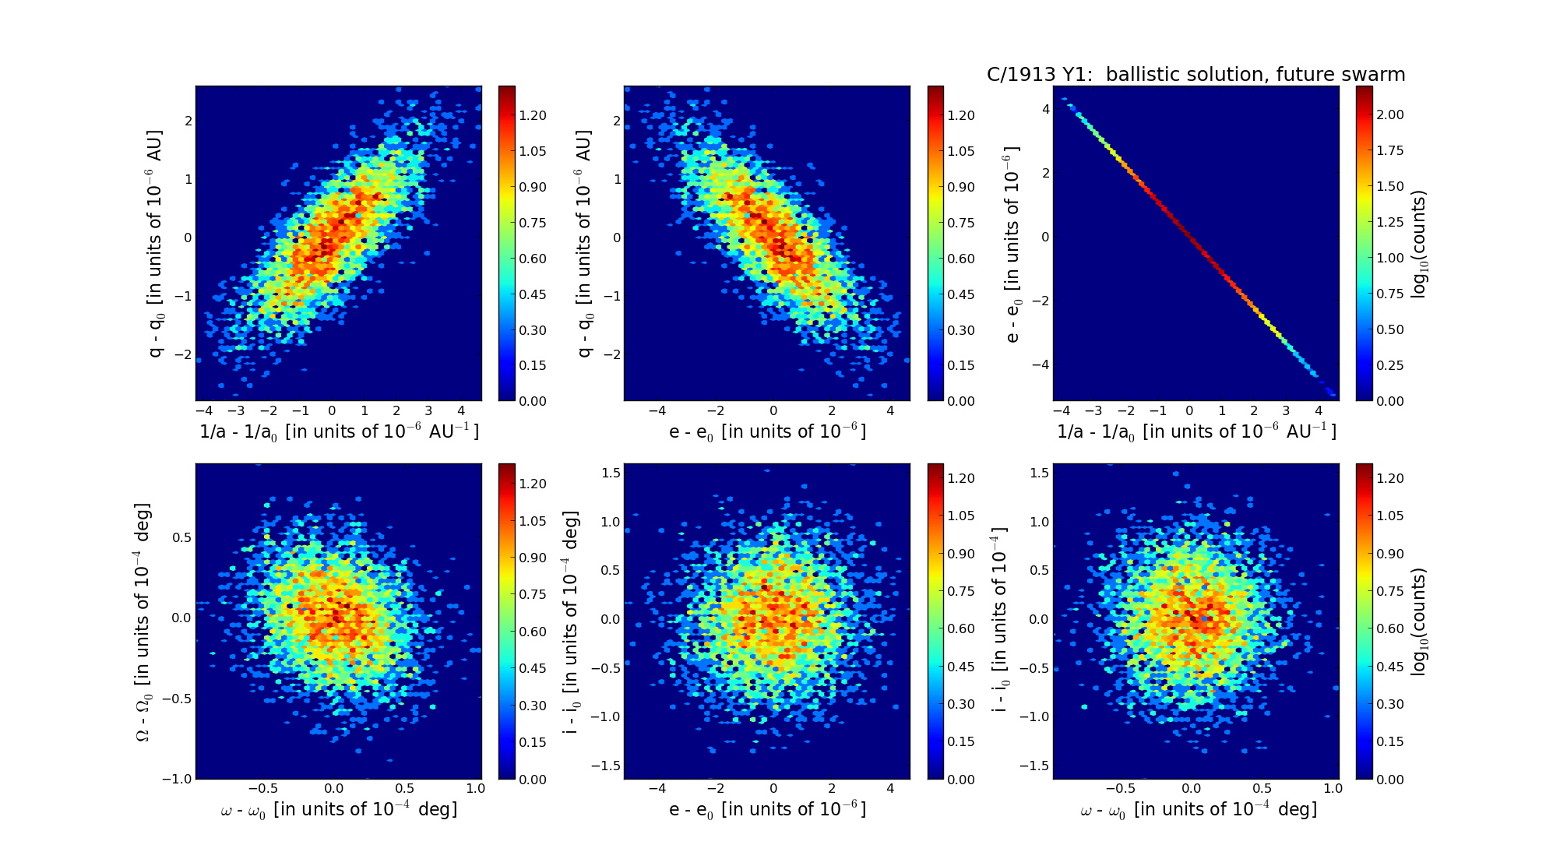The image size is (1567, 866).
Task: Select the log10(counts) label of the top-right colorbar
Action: tap(1420, 244)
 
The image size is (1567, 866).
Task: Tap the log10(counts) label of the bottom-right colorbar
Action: tap(1420, 621)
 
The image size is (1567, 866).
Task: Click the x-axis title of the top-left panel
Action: tap(339, 431)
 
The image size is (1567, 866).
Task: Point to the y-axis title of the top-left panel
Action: tap(156, 244)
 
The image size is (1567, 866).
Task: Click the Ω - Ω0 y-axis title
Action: tap(143, 621)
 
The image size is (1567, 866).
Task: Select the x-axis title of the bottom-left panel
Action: tap(339, 810)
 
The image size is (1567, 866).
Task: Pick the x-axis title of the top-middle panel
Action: tap(767, 431)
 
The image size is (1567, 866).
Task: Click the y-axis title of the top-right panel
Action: tap(1012, 244)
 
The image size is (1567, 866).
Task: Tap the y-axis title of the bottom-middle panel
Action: tap(572, 621)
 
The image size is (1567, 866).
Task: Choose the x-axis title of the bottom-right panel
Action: tap(1198, 810)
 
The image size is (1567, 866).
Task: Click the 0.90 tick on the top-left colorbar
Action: tap(533, 187)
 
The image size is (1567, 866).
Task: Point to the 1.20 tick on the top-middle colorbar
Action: tap(961, 115)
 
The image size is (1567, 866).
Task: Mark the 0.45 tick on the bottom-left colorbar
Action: tap(533, 668)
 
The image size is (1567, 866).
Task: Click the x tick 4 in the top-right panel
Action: tap(1319, 410)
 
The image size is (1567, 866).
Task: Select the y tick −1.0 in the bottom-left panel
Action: tap(179, 780)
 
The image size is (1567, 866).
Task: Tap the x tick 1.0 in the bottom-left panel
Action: tap(475, 788)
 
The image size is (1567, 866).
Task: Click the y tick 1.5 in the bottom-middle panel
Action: tap(611, 473)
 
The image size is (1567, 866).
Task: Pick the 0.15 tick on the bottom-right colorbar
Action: tap(1390, 741)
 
